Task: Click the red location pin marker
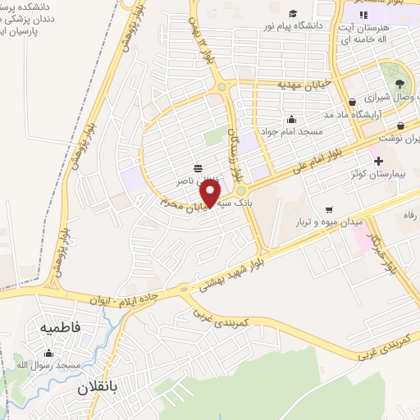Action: pos(211,193)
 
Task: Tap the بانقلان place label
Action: pos(99,386)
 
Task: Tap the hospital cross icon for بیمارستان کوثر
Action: pos(377,160)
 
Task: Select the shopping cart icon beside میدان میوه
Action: pos(329,208)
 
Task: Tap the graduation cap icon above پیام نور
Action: pos(293,13)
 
